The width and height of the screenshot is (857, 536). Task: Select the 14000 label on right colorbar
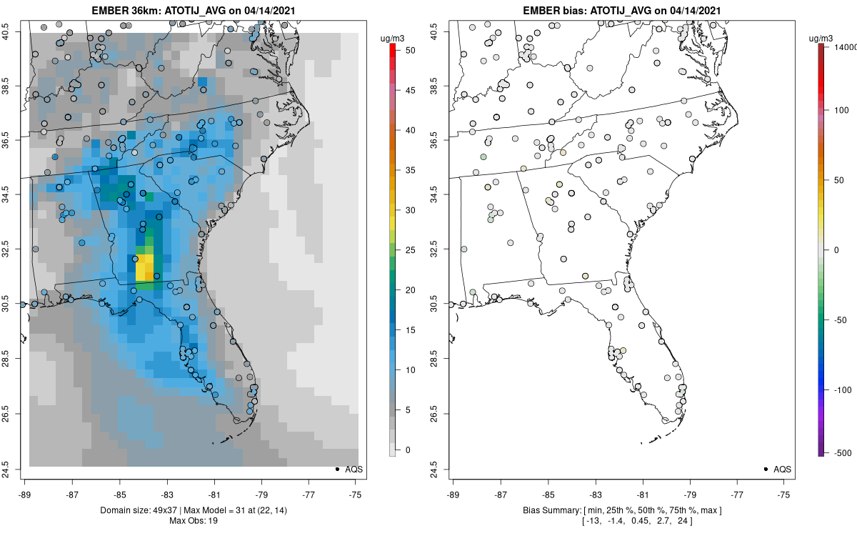845,46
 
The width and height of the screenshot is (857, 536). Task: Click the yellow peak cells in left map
145,267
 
